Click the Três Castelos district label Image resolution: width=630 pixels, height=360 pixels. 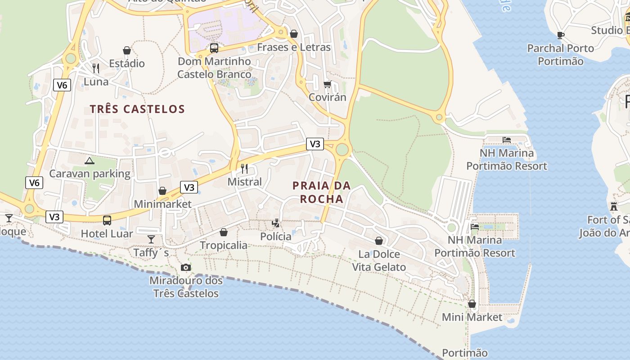pos(137,109)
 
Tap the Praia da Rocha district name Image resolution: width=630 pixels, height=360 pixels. pos(321,192)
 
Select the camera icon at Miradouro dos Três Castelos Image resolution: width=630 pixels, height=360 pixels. pos(185,267)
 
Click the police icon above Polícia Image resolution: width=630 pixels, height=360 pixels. pos(275,223)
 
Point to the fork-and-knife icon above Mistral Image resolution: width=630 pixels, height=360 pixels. pos(244,169)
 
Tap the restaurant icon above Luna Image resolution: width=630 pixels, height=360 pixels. pos(96,68)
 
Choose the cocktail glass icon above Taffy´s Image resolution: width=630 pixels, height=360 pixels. pos(151,239)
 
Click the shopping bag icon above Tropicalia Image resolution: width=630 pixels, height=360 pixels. pos(224,232)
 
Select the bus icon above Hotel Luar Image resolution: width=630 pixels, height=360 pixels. pos(107,220)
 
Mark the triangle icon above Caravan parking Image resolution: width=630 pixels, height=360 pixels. pos(90,161)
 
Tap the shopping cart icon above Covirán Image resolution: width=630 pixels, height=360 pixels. pos(328,84)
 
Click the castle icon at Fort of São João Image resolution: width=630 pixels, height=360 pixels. pos(613,207)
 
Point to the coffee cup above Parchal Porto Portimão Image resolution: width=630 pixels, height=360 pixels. pos(561,35)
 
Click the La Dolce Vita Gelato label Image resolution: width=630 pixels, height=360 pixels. pos(379,261)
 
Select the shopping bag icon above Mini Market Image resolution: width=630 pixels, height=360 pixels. pos(472,304)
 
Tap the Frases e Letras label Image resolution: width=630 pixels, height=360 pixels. pos(293,47)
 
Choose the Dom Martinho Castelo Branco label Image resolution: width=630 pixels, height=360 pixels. pos(214,67)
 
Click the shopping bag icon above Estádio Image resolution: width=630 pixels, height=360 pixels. pos(127,50)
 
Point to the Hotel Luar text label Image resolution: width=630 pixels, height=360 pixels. pos(107,234)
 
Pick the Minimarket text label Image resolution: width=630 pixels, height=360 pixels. pos(162,204)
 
